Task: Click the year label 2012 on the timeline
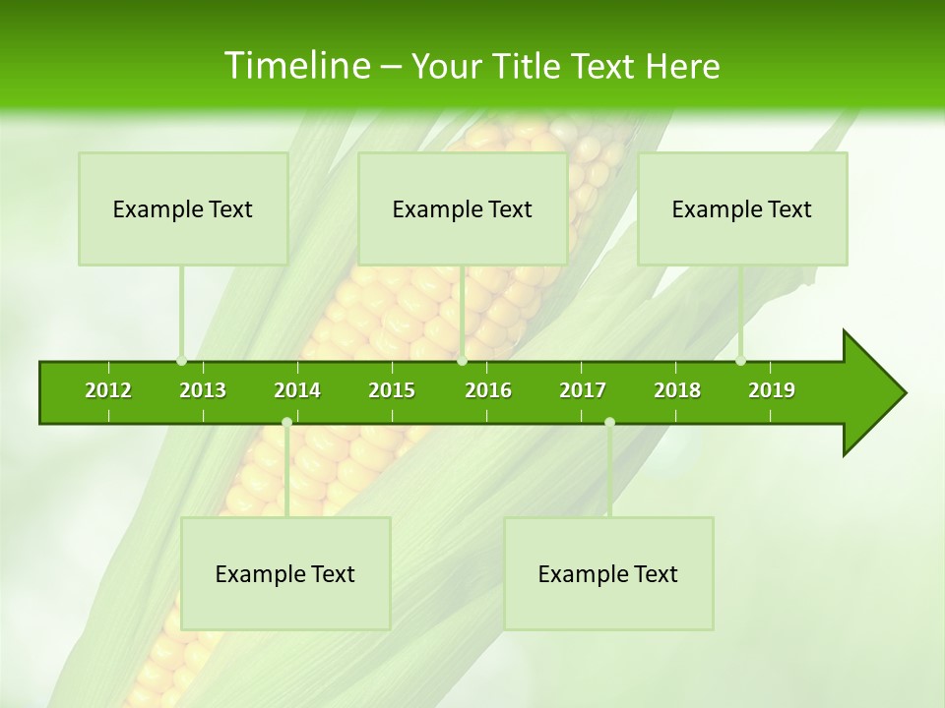pyautogui.click(x=108, y=390)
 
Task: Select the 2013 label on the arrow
pyautogui.click(x=203, y=390)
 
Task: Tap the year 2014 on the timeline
pyautogui.click(x=297, y=390)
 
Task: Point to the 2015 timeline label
pyautogui.click(x=392, y=390)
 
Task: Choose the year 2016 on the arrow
pyautogui.click(x=488, y=390)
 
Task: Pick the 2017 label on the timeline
pyautogui.click(x=583, y=390)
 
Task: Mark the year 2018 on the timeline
pyautogui.click(x=677, y=390)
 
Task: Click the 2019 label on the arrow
pyautogui.click(x=772, y=390)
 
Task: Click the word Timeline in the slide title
pyautogui.click(x=295, y=66)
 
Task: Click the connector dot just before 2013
pyautogui.click(x=181, y=361)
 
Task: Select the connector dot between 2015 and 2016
pyautogui.click(x=462, y=361)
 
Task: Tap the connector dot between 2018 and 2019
pyautogui.click(x=740, y=361)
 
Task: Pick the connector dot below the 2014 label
pyautogui.click(x=286, y=422)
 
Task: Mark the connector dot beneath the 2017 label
pyautogui.click(x=609, y=422)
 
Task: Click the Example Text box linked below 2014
pyautogui.click(x=285, y=573)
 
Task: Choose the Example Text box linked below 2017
pyautogui.click(x=608, y=573)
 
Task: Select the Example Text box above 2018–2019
pyautogui.click(x=742, y=208)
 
